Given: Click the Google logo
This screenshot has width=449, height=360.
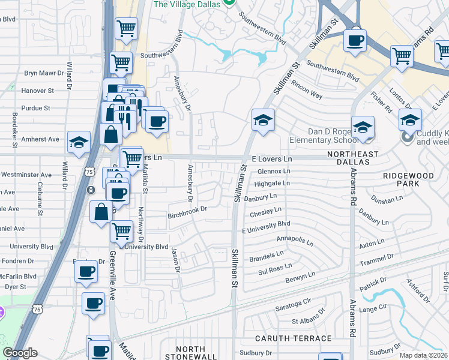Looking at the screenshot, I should click(20, 353).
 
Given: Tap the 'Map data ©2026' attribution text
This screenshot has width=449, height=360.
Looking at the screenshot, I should click(423, 355).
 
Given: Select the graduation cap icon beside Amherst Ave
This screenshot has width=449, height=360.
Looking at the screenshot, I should click(79, 143).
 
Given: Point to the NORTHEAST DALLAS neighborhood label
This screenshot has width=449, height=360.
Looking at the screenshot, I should click(357, 155).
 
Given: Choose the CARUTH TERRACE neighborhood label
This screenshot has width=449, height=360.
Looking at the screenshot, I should click(285, 339).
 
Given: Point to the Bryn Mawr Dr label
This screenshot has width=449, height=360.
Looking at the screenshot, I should click(44, 73).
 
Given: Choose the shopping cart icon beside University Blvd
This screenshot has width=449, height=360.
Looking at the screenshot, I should click(122, 230).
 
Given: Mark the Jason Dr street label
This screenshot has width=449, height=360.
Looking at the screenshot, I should click(176, 260).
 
